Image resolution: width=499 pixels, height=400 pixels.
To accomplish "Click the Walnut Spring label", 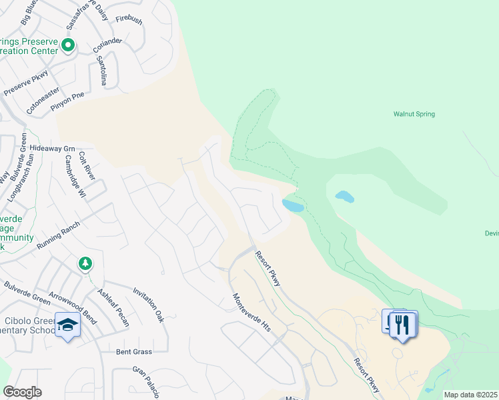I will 414,114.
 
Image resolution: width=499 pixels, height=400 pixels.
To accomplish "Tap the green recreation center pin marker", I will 67,46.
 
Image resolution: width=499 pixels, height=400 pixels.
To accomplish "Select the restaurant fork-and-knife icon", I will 402,324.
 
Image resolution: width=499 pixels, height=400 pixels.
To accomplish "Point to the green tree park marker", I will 85,264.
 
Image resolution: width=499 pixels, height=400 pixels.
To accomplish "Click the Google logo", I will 22,392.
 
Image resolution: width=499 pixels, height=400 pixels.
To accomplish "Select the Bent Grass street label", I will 134,351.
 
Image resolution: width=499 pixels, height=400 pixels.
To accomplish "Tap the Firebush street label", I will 129,21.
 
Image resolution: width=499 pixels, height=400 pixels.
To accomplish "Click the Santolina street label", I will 101,67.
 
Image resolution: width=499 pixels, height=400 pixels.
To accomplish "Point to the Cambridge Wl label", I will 74,177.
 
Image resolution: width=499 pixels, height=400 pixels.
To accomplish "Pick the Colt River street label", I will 87,165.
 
